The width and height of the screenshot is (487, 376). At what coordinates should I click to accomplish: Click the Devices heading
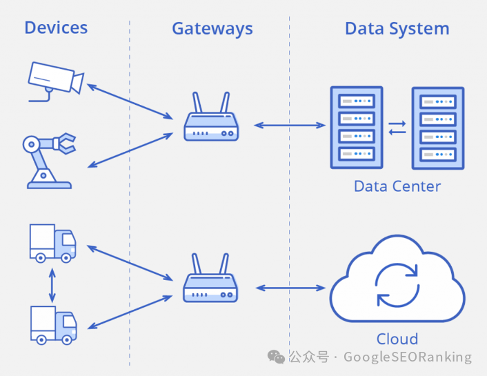(x=56, y=28)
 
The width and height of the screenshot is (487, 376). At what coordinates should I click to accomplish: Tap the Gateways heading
(x=212, y=29)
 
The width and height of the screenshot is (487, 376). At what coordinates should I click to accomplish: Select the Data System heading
(x=397, y=29)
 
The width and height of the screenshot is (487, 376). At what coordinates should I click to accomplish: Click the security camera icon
(x=54, y=80)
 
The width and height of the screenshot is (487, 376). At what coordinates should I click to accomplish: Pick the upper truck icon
(x=52, y=243)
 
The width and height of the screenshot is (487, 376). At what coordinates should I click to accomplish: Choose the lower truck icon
(x=53, y=324)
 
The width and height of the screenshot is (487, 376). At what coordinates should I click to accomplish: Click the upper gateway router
(x=211, y=120)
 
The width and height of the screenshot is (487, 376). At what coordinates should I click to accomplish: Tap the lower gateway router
(x=210, y=281)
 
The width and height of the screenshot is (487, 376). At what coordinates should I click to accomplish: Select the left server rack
(x=357, y=127)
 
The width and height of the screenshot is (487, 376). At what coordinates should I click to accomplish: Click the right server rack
(x=438, y=128)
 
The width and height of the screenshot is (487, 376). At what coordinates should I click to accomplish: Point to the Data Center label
(x=397, y=186)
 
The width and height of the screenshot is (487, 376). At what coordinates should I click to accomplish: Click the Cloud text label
(x=397, y=339)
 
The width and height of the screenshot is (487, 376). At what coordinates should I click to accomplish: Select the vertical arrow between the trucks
(x=52, y=284)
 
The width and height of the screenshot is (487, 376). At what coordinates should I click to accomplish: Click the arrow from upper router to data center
(x=290, y=125)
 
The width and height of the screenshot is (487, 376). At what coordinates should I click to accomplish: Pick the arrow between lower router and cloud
(x=290, y=287)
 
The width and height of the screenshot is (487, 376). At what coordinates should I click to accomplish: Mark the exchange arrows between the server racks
(x=397, y=128)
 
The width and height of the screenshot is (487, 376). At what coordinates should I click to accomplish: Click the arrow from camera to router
(x=130, y=101)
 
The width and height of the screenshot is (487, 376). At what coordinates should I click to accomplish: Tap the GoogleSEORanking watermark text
(x=407, y=357)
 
